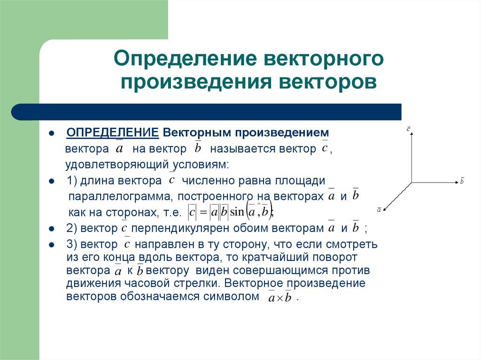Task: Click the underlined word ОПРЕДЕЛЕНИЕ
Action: tap(112, 133)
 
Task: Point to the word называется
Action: tap(240, 150)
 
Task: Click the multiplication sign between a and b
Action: tap(278, 299)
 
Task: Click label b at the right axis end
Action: tap(462, 181)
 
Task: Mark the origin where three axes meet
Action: tap(411, 182)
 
